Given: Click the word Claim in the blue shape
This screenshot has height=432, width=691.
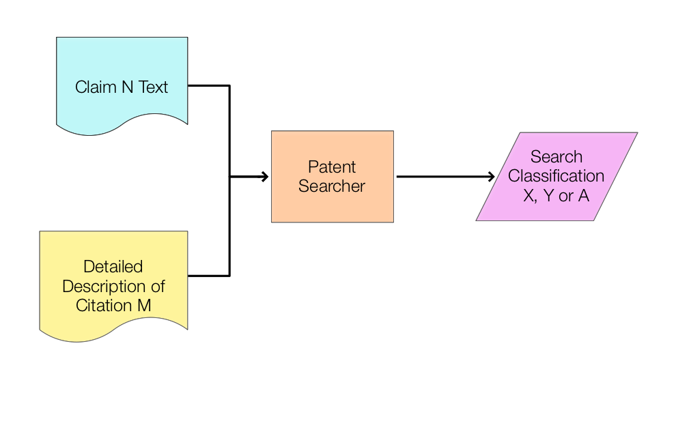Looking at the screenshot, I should click(95, 87).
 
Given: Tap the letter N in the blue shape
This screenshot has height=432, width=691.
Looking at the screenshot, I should click(126, 87).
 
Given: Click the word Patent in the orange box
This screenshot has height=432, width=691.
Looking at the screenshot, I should click(332, 167).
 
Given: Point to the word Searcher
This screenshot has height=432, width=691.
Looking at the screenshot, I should click(332, 186).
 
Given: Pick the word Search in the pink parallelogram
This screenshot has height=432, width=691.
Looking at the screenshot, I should click(556, 157).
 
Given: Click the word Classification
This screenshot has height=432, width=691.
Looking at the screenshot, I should click(556, 176).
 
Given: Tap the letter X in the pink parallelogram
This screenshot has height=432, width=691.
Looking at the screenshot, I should click(529, 196).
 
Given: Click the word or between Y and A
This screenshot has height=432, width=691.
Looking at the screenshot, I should click(566, 196).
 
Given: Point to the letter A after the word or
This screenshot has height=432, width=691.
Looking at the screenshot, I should click(584, 196).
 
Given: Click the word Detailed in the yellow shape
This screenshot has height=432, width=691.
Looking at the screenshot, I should click(113, 266).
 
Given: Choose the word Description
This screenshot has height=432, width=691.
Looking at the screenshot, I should click(104, 286).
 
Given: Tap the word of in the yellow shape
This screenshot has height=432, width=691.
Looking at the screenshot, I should click(157, 286).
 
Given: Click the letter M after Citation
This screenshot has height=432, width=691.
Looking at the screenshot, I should click(144, 305).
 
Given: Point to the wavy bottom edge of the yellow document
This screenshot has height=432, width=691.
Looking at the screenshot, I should click(113, 337).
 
